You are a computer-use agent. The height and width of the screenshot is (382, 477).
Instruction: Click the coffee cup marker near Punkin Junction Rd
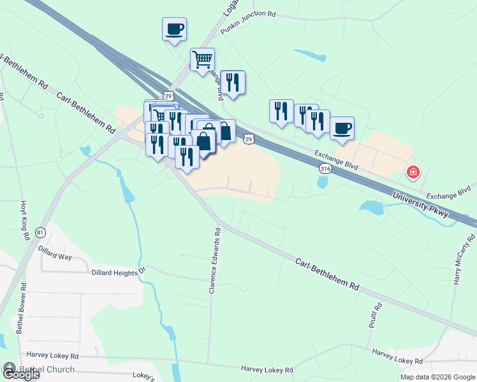pos(174,29)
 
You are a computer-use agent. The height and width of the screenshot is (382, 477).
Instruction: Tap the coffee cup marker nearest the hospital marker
pos(342,128)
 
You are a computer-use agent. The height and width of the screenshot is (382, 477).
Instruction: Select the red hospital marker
pos(413,172)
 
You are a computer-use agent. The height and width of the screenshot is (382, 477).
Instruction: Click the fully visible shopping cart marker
pos(202,60)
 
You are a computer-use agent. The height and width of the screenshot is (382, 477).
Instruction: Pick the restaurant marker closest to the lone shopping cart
pos(233,82)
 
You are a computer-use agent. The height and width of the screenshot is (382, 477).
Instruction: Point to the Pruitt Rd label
pos(375,315)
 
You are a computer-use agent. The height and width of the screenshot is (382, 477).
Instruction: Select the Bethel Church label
pos(47,369)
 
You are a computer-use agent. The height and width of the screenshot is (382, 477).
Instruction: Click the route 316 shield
pos(325,169)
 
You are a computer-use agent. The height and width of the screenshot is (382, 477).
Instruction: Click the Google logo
pos(20,374)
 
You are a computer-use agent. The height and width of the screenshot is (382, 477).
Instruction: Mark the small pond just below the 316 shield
pos(322,183)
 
